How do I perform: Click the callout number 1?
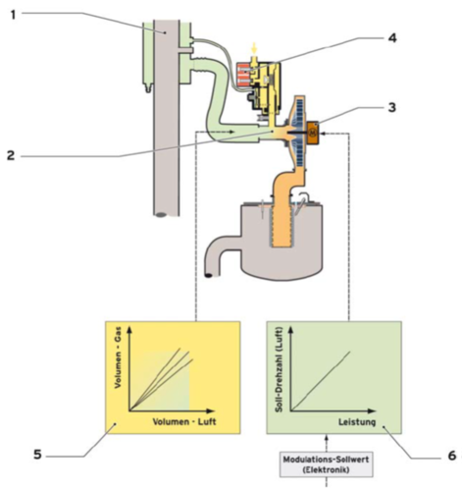(13, 15)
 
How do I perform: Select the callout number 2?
(11, 155)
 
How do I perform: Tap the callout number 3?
(391, 107)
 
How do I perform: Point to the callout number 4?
(392, 38)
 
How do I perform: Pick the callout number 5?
(38, 455)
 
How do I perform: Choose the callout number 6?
(451, 456)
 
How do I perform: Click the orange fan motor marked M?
(313, 133)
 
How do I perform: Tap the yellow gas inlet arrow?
(254, 48)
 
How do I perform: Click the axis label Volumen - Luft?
(184, 421)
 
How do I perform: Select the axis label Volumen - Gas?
(118, 357)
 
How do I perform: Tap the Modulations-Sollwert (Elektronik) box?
(326, 464)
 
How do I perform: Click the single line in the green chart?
(321, 381)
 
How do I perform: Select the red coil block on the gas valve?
(244, 75)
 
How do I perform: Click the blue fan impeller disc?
(296, 132)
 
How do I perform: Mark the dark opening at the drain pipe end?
(209, 275)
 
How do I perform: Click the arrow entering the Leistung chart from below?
(327, 442)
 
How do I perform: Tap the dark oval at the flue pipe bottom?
(160, 215)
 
